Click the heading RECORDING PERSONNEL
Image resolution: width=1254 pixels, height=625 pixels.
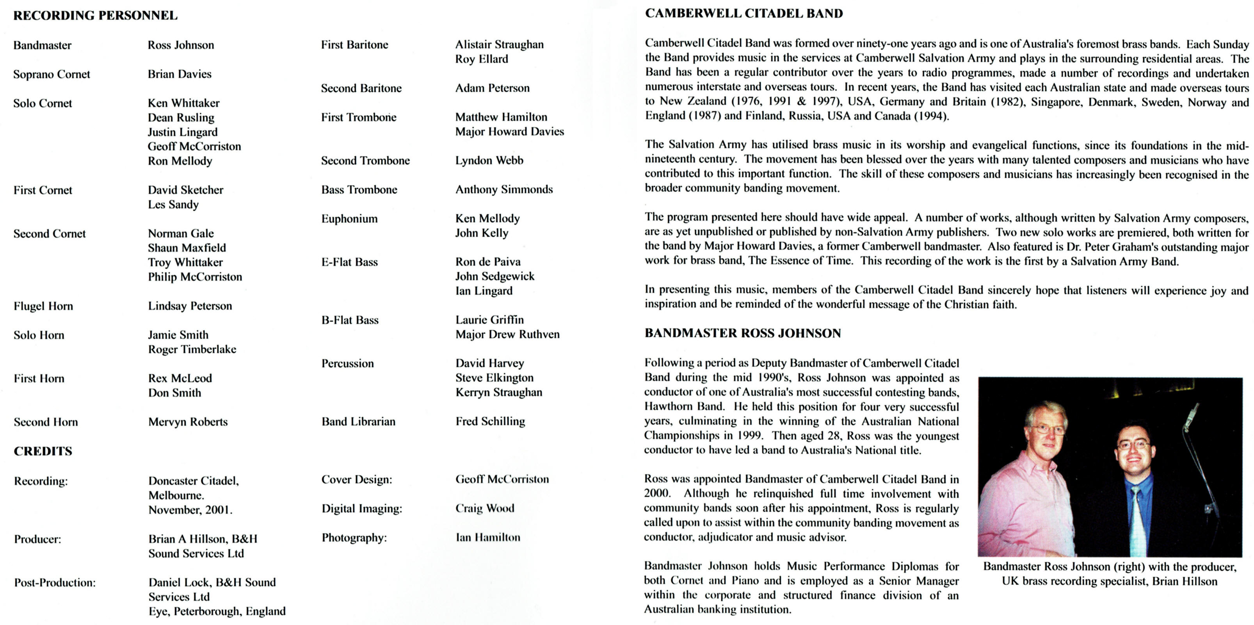(x=95, y=16)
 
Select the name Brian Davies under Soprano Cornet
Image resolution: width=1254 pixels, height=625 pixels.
(x=180, y=74)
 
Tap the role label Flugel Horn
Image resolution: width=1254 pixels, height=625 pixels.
(x=43, y=306)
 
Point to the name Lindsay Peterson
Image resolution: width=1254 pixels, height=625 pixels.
(x=190, y=306)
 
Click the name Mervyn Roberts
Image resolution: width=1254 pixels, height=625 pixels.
(x=188, y=422)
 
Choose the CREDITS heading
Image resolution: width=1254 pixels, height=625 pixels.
(x=43, y=451)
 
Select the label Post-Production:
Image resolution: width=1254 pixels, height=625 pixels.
(x=55, y=583)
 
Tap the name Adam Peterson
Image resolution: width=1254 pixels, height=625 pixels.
(x=492, y=88)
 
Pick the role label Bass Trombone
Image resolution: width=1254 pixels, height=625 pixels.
(x=359, y=189)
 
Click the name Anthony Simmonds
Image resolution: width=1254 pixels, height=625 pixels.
(x=504, y=189)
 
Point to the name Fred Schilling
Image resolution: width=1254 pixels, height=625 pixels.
(x=490, y=421)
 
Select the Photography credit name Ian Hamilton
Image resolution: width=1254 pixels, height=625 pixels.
(x=488, y=537)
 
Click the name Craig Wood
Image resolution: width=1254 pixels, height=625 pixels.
(x=485, y=508)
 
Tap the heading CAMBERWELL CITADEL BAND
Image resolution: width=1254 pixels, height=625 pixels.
(x=744, y=14)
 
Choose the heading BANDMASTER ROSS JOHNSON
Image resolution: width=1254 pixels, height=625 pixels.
(x=743, y=333)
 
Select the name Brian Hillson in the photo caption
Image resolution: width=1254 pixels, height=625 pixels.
(x=1185, y=581)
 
